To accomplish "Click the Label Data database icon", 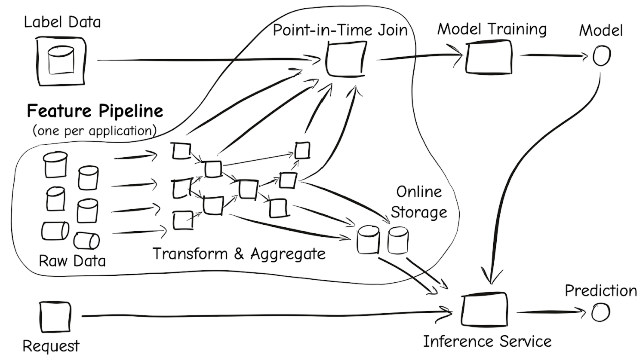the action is [61, 61].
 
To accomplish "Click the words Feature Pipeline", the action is [95, 111].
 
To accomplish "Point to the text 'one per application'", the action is [95, 131].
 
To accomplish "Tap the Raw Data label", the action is [72, 261].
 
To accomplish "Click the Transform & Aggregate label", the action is [239, 254].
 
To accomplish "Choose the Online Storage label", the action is [419, 202].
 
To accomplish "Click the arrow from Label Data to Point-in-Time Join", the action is [209, 60].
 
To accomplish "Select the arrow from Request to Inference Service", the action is [267, 316].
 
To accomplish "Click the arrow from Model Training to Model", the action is [554, 55].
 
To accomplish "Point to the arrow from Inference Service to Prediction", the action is [551, 312].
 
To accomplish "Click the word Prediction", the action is [601, 291].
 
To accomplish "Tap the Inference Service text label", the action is [487, 342].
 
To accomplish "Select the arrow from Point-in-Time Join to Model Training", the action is [420, 56].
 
